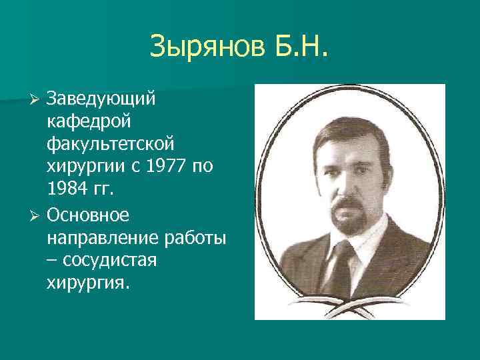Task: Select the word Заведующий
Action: pos(101,99)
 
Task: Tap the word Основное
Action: pos(91,214)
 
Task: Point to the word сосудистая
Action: pos(113,260)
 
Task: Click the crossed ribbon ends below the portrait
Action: pos(349,308)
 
